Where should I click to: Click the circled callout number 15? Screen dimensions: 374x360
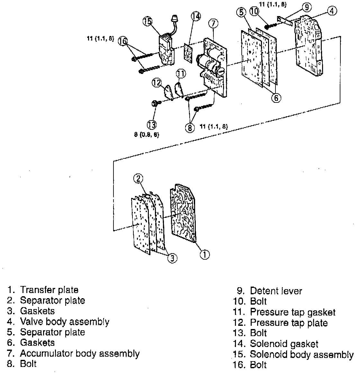tap(148, 22)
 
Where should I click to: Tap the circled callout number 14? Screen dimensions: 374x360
tap(195, 16)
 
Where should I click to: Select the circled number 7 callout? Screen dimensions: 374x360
tap(213, 23)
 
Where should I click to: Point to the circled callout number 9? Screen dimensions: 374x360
tap(307, 6)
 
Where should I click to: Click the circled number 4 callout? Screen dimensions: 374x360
tap(332, 11)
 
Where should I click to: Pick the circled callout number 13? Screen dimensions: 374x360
tap(152, 124)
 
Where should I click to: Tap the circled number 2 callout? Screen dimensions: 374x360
tap(138, 179)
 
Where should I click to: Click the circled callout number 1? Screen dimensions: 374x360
tap(205, 254)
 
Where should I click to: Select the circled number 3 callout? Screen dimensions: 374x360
tap(173, 258)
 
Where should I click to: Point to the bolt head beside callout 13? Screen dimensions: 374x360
tap(154, 103)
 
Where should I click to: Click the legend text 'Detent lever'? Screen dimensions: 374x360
tap(276, 291)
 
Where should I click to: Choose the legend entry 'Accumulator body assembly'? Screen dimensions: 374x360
tap(80, 353)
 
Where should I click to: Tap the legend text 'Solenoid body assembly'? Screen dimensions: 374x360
tap(301, 354)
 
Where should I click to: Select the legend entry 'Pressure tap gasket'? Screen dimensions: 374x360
tap(292, 312)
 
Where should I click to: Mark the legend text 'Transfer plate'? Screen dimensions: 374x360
tap(49, 290)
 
